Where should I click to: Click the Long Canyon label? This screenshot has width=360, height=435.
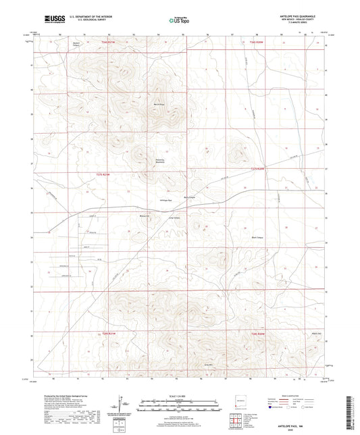tap(174, 217)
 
